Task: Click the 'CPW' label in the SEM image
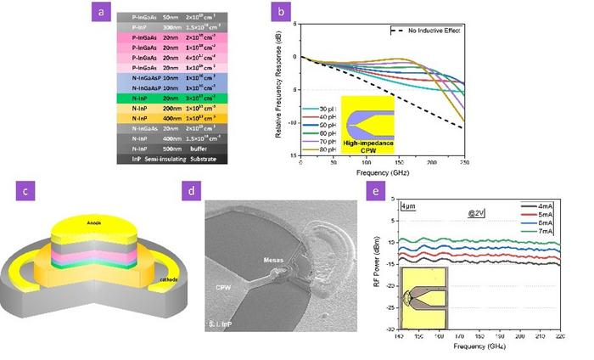point(223,288)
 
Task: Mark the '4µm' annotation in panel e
point(411,206)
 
